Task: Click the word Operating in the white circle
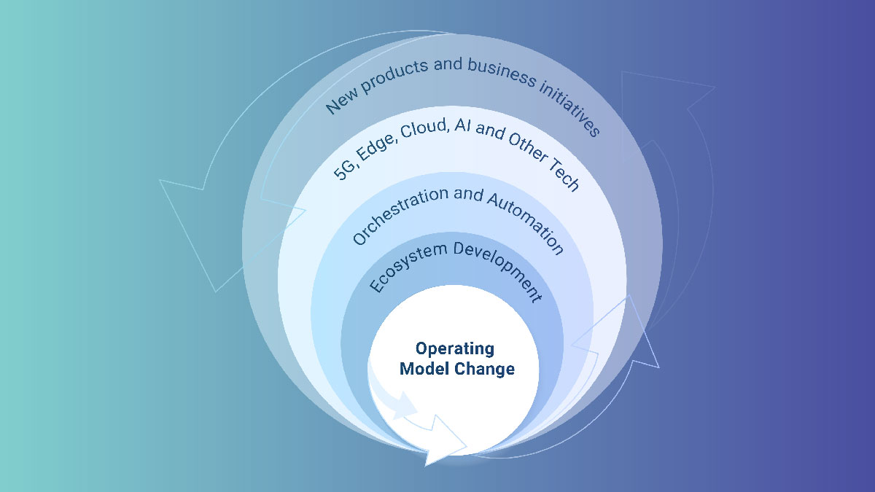pyautogui.click(x=455, y=349)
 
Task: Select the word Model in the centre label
pyautogui.click(x=424, y=370)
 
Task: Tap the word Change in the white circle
pyautogui.click(x=485, y=370)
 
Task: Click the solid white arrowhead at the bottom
pyautogui.click(x=445, y=444)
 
